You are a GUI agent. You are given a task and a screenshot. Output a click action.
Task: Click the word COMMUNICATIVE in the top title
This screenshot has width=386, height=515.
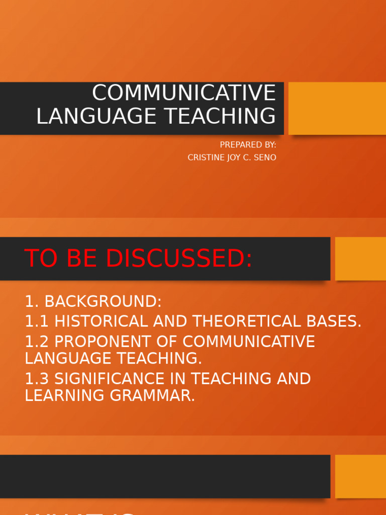pyautogui.click(x=184, y=93)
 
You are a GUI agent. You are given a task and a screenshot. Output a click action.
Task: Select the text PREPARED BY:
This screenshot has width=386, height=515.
pyautogui.click(x=248, y=145)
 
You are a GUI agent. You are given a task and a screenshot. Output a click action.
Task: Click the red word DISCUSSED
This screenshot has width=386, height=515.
pyautogui.click(x=179, y=259)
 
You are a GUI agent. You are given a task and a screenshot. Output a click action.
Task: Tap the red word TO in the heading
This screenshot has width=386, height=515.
pyautogui.click(x=38, y=259)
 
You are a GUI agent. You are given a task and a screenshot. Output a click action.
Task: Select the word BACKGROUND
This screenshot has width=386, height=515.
pyautogui.click(x=103, y=302)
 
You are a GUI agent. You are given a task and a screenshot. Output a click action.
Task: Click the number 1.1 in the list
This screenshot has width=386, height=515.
pyautogui.click(x=37, y=321)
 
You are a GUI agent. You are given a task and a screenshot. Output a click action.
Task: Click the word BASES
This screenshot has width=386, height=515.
pyautogui.click(x=335, y=321)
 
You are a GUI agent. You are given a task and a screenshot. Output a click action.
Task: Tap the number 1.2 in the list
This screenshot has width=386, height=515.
pyautogui.click(x=37, y=341)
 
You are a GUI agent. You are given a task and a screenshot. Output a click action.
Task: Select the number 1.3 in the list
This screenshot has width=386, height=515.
pyautogui.click(x=37, y=379)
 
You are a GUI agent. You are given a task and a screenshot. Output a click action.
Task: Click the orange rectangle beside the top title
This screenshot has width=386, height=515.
pyautogui.click(x=337, y=109)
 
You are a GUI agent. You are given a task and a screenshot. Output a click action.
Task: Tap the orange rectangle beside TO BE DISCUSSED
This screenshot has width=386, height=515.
pyautogui.click(x=360, y=259)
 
